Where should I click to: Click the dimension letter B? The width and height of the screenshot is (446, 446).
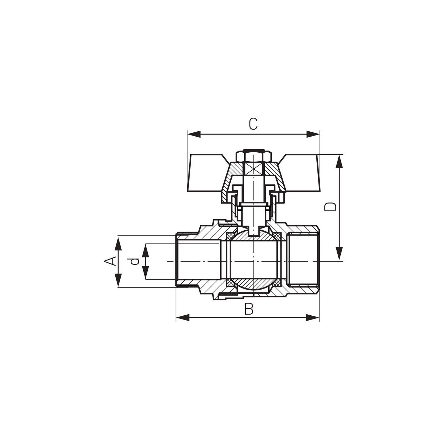click(x=249, y=309)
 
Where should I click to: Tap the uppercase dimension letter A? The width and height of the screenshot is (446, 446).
click(x=109, y=261)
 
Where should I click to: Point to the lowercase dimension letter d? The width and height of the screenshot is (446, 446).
click(x=134, y=261)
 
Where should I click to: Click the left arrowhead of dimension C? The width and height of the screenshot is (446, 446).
click(x=194, y=134)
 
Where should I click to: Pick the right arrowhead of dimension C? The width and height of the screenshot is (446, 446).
click(x=313, y=134)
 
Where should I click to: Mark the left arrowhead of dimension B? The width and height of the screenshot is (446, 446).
click(x=183, y=317)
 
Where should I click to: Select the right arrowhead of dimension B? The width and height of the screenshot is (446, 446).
click(x=312, y=317)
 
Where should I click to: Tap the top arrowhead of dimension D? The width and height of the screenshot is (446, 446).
click(x=339, y=161)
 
